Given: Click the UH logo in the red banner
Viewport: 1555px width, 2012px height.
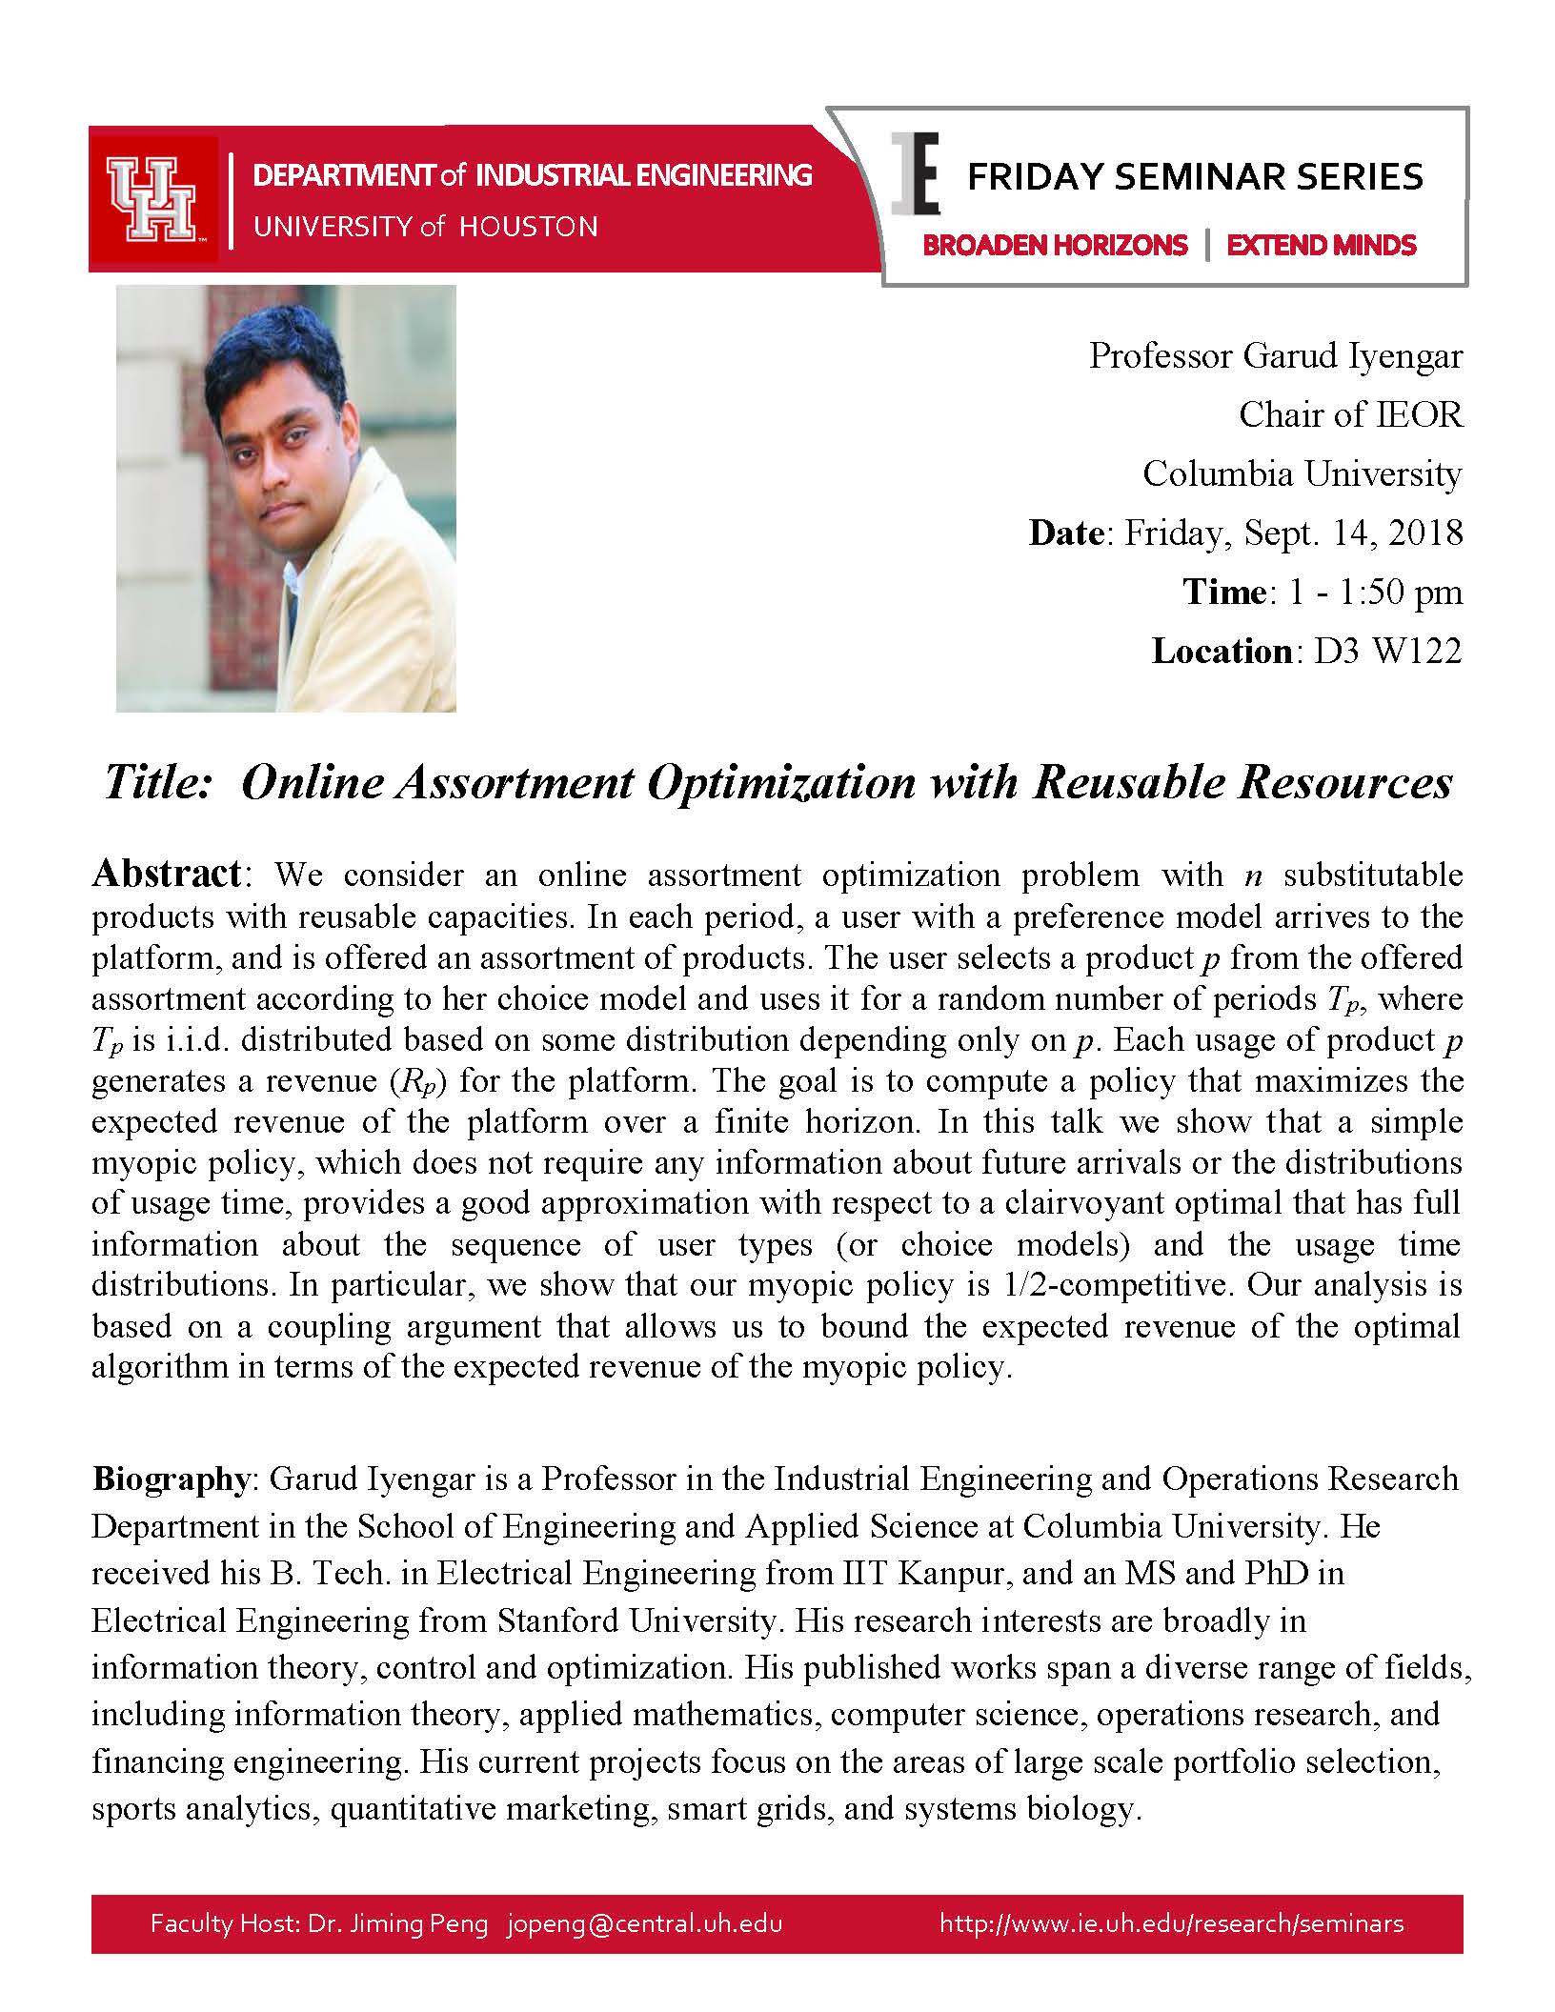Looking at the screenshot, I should [x=151, y=200].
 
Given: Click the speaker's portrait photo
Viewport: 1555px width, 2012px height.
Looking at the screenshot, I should [x=286, y=498].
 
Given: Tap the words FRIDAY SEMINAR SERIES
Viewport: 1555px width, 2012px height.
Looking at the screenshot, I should [x=1195, y=177].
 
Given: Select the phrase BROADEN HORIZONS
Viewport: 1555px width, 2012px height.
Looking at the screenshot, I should [x=1055, y=246].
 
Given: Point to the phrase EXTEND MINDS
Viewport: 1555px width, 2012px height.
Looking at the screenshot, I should [x=1322, y=246].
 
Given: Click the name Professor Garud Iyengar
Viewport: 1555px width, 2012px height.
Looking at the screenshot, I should [x=1275, y=355].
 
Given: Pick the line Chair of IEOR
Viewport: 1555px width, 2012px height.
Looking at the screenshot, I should [x=1349, y=414].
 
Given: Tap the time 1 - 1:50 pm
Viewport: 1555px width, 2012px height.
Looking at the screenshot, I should [x=1374, y=592].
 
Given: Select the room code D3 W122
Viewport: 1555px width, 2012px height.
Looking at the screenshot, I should [x=1387, y=651].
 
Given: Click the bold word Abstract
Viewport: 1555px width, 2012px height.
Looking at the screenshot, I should [x=169, y=874].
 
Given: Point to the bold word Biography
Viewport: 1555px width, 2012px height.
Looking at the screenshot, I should [x=170, y=1479].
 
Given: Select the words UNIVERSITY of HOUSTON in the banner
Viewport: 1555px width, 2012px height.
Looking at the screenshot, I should [x=425, y=227].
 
